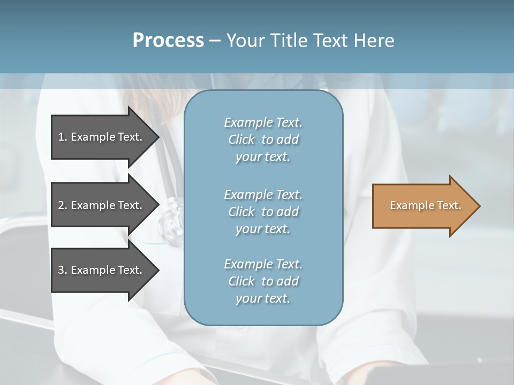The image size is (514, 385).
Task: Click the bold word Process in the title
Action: [x=168, y=41]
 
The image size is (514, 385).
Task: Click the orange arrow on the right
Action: [x=423, y=206]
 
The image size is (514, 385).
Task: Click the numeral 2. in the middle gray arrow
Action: [x=62, y=205]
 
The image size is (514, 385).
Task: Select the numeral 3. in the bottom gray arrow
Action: [x=62, y=270]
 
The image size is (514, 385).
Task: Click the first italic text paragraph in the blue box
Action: [x=263, y=140]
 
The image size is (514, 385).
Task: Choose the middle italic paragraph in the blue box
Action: [x=263, y=212]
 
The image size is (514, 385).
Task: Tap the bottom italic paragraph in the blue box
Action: [x=263, y=281]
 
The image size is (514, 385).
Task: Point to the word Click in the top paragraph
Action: [x=241, y=140]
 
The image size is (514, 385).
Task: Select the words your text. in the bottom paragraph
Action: [x=263, y=298]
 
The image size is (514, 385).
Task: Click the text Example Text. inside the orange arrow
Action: [x=425, y=205]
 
